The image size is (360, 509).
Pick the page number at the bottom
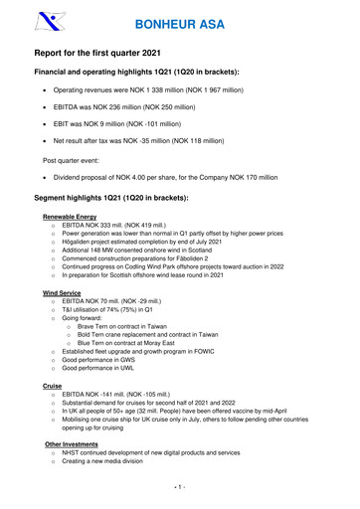click(179, 486)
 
